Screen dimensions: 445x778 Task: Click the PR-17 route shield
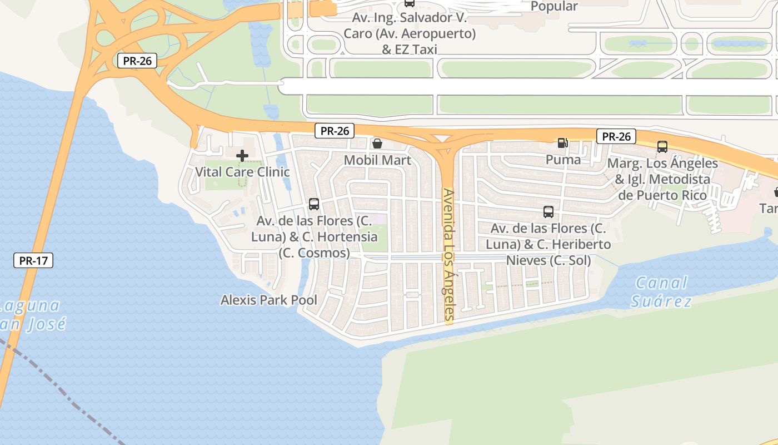tap(33, 260)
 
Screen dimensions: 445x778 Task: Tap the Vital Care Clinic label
tap(242, 171)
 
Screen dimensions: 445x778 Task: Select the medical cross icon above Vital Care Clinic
tap(242, 156)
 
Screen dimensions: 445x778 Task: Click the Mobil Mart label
tap(377, 160)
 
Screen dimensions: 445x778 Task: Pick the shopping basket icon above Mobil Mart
tap(377, 144)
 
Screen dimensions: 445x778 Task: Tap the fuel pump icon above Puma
tap(562, 143)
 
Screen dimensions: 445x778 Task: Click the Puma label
tap(563, 160)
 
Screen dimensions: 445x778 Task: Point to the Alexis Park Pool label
tap(269, 300)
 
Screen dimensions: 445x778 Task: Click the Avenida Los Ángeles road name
tap(448, 256)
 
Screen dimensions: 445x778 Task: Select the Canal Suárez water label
tap(661, 292)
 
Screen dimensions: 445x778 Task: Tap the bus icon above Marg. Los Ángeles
tap(662, 147)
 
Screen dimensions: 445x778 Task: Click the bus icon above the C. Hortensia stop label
tap(314, 204)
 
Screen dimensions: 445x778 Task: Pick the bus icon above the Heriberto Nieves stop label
tap(548, 211)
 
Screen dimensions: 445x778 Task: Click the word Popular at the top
tap(554, 6)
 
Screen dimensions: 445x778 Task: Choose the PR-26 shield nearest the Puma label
tap(616, 136)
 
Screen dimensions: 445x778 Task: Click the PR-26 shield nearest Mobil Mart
tap(334, 131)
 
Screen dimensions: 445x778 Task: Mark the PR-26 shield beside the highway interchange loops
tap(137, 61)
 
